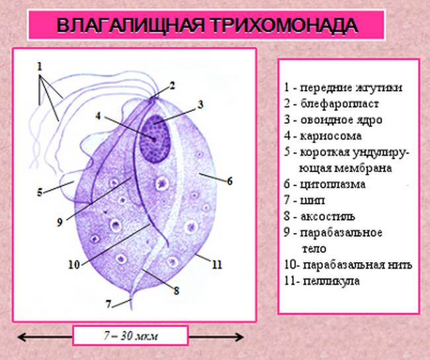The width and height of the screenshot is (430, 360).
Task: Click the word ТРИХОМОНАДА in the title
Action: coord(284,26)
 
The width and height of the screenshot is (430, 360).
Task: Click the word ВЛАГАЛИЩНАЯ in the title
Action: coord(130,26)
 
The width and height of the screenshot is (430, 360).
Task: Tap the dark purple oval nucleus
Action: coord(155,138)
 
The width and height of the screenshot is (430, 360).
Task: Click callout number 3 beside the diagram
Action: coord(200,105)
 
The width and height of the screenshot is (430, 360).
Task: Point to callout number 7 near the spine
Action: coord(108,304)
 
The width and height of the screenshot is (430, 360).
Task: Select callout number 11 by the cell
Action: coord(217,265)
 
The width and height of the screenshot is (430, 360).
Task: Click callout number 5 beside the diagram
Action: coord(40,193)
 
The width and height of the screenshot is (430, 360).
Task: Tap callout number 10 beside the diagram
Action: coord(74,265)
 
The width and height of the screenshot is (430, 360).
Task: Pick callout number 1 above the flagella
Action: coord(40,66)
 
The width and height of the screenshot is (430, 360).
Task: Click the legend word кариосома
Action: coord(331,136)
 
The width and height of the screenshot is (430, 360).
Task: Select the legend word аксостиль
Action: coord(327,216)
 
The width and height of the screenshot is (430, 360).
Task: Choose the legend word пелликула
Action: coord(331,281)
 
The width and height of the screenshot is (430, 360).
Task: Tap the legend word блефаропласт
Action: coord(339,104)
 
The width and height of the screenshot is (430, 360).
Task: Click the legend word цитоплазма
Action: coord(333,185)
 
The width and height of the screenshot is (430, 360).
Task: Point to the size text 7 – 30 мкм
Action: coord(131,336)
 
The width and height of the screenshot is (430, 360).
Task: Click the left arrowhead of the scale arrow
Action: coord(21,337)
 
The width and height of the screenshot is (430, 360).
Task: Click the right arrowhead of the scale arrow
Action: coord(240,337)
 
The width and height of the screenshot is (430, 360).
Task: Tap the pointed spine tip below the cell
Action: coord(132,309)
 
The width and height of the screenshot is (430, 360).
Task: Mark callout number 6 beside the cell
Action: coord(230,181)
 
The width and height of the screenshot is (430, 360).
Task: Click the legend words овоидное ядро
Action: coord(341,120)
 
